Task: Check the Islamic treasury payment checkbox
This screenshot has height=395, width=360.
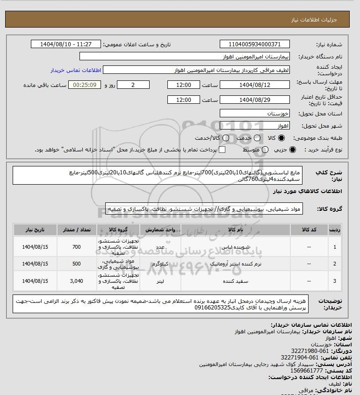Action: click(x=222, y=150)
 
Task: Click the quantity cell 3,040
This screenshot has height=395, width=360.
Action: click(x=77, y=281)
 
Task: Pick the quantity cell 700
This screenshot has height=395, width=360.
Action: click(x=77, y=247)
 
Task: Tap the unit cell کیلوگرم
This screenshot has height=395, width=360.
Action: click(x=154, y=264)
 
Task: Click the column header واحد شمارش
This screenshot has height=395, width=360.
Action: click(x=154, y=230)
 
